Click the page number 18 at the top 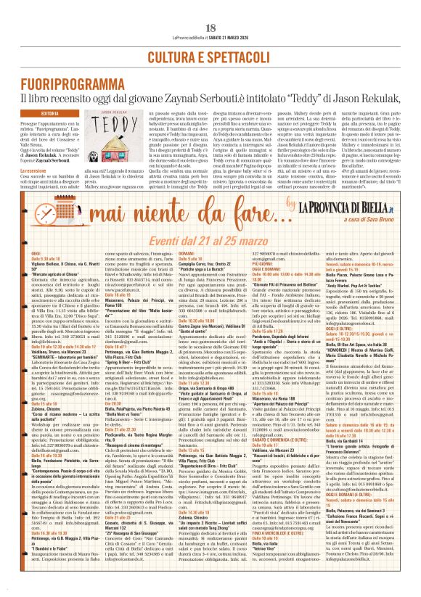point(210,7)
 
